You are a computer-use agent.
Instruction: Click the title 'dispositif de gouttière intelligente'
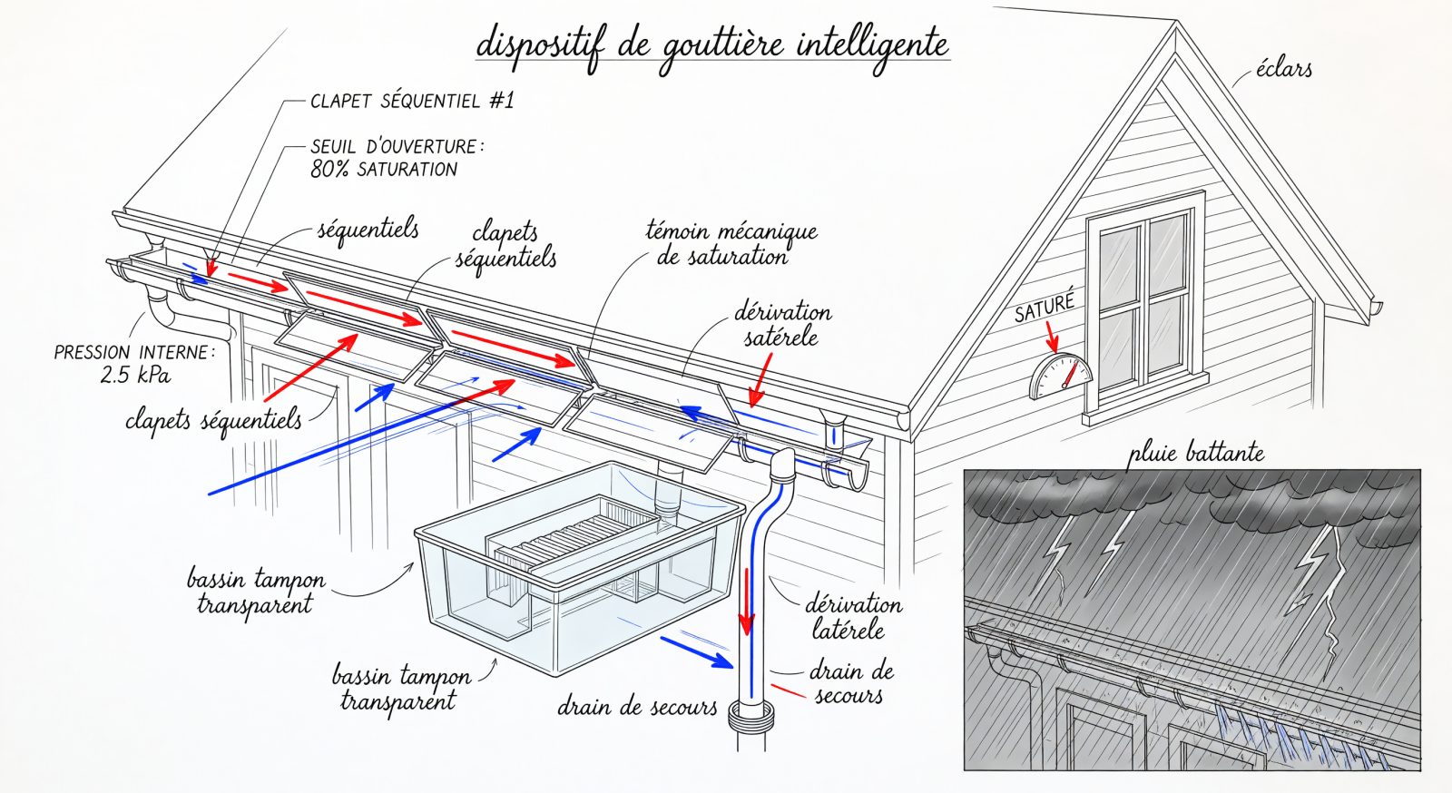712,46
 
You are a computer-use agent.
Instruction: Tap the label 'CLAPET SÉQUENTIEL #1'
412,101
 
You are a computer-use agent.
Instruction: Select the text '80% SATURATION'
384,170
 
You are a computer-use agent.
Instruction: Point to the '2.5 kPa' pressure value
135,375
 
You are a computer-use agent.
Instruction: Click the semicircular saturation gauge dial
1061,376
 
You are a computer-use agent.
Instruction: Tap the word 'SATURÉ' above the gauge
1045,307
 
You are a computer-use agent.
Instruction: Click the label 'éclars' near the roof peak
1283,69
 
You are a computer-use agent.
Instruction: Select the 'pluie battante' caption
1196,452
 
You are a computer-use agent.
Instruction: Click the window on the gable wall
1143,307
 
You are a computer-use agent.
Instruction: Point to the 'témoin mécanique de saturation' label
731,243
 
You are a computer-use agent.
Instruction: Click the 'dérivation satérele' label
782,324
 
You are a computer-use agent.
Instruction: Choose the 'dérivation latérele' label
853,617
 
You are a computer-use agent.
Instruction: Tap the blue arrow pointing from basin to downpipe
696,651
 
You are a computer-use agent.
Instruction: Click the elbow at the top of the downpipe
782,465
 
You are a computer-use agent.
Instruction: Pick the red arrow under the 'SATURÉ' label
1051,336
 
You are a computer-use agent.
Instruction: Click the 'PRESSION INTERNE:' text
134,352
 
